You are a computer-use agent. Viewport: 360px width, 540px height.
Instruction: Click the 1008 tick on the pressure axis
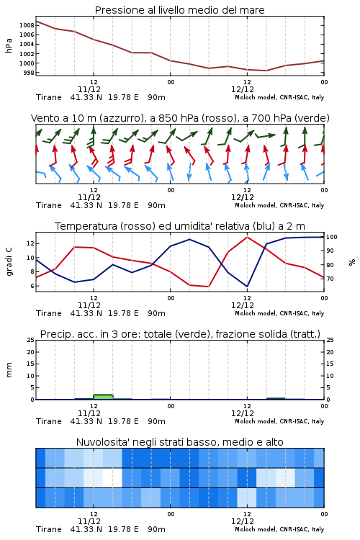(27, 25)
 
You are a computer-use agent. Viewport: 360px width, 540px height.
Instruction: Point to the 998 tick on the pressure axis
(29, 73)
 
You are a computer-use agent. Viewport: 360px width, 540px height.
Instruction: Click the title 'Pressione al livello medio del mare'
(180, 10)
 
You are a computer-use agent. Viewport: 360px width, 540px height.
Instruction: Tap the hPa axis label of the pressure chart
(9, 45)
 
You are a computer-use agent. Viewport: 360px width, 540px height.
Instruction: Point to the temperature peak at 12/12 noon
(247, 238)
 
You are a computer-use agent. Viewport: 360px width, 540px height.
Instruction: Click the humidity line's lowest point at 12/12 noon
(247, 286)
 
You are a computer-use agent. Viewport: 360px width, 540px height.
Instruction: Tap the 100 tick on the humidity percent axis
(332, 237)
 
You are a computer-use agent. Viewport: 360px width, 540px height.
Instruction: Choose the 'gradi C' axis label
(9, 261)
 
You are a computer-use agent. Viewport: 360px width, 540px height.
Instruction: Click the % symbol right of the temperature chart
(352, 262)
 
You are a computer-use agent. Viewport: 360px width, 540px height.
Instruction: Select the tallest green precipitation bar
(103, 397)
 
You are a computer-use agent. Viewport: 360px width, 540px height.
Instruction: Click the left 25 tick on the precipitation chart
(31, 340)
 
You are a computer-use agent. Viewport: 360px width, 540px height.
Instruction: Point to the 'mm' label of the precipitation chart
(9, 370)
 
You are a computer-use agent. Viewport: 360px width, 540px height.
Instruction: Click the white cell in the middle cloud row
(112, 477)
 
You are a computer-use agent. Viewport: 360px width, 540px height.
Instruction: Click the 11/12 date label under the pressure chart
(89, 89)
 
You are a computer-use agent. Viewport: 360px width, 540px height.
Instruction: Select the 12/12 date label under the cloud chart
(243, 521)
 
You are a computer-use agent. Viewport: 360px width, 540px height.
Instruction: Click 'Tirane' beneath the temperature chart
(48, 313)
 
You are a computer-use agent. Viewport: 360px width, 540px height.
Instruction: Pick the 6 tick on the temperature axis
(32, 286)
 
